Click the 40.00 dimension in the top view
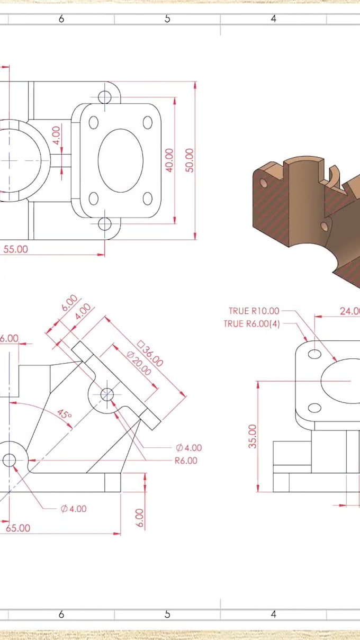pos(169,159)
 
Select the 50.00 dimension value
pos(190,160)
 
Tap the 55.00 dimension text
pos(16,249)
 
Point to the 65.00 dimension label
pos(17,528)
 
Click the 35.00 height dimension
pos(253,436)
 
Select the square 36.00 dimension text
pos(150,354)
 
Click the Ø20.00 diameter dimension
pos(139,363)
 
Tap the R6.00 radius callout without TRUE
pos(186,461)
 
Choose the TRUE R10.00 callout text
pos(254,311)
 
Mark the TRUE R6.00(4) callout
pos(251,323)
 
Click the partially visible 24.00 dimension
pos(350,311)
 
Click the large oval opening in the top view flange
pos(121,160)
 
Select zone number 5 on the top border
pos(167,19)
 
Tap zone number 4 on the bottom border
pos(273,614)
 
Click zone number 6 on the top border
pos(61,19)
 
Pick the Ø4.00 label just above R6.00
pos(188,448)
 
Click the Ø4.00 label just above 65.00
pos(73,509)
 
